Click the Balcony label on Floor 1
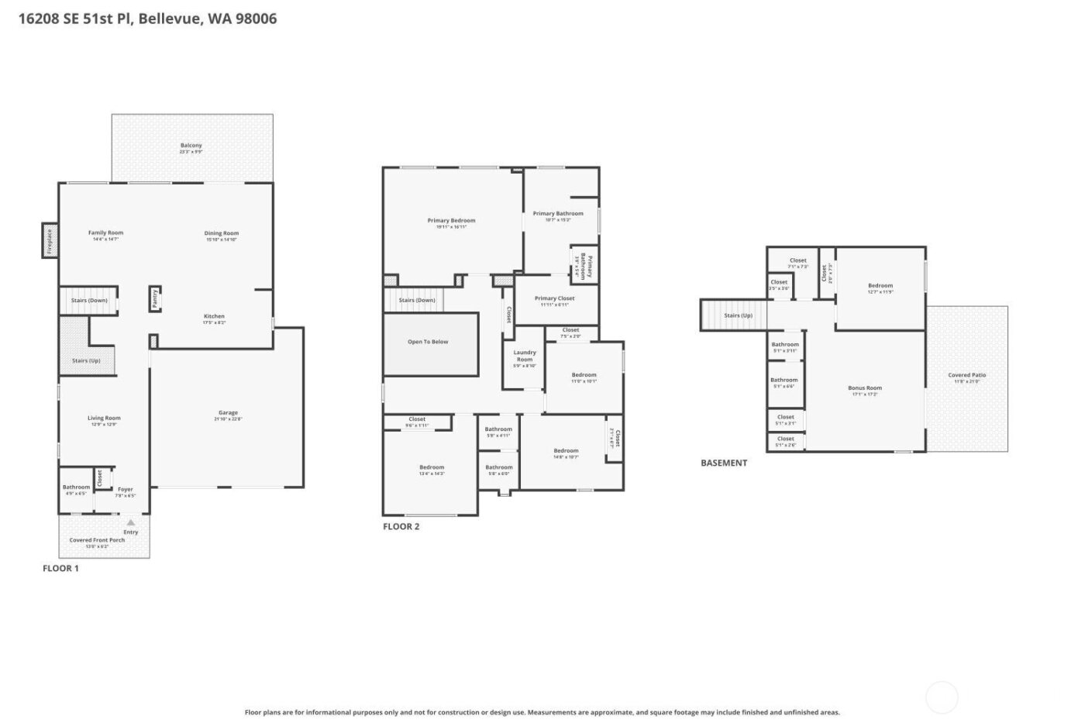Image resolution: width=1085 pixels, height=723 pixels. [191, 146]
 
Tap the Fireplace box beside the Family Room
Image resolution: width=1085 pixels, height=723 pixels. [49, 241]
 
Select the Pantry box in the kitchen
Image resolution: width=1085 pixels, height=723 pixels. [155, 298]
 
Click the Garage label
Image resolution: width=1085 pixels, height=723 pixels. [228, 413]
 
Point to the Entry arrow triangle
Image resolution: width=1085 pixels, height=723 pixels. [130, 523]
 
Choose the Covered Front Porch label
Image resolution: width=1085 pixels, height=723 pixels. [97, 540]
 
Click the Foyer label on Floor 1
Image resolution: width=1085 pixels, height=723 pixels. [126, 490]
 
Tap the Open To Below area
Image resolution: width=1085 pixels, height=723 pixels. [429, 342]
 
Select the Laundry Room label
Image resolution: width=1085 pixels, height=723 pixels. [525, 356]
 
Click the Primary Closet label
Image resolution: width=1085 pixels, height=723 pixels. [555, 298]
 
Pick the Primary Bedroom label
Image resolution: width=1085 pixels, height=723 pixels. [452, 221]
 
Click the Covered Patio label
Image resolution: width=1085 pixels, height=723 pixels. [967, 376]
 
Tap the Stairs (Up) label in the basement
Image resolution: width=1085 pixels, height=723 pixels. [738, 315]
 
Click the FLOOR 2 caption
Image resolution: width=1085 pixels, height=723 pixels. [401, 527]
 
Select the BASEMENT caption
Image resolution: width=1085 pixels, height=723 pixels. [724, 463]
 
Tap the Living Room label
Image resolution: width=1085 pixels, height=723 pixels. [104, 418]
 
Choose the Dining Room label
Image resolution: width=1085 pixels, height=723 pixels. [222, 233]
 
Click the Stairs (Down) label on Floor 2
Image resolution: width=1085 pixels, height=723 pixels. [417, 300]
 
